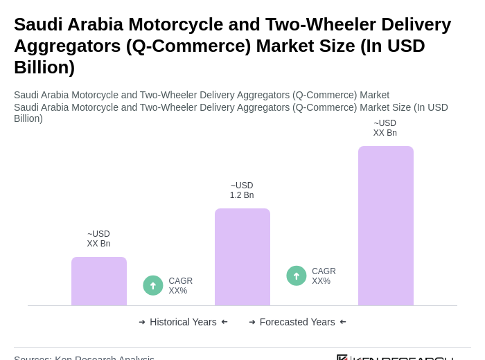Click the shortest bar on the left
pos(99,281)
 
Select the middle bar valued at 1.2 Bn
pos(242,257)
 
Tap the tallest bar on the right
pos(386,226)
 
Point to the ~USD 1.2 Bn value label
pos(242,190)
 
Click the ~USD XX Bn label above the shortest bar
pos(98,239)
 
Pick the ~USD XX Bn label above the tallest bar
pos(385,128)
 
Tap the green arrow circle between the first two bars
pos(153,285)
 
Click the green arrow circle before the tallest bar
pos(297,276)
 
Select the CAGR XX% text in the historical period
pos(181,286)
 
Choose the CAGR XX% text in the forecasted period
pos(324,276)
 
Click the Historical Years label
pos(183,322)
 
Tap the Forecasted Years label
pos(297,322)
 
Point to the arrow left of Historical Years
pos(142,322)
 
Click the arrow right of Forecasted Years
pos(343,322)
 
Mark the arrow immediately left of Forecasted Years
pos(252,322)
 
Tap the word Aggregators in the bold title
pos(67,46)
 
